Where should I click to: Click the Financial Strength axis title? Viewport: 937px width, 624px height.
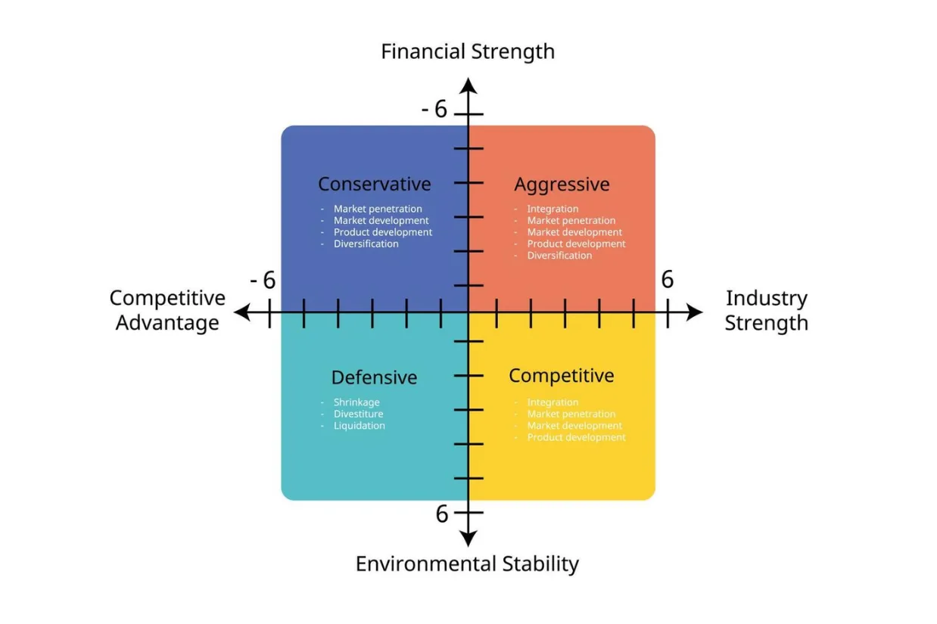pos(468,51)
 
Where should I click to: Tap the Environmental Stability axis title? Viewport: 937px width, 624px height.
pos(467,563)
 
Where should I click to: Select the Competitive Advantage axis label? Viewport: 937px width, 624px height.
pos(167,310)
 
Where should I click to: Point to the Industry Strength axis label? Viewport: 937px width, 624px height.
pos(766,310)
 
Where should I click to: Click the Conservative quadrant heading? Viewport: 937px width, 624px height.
pos(374,184)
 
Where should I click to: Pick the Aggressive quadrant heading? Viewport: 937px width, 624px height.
pos(562,184)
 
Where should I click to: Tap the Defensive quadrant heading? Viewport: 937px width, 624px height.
pos(374,377)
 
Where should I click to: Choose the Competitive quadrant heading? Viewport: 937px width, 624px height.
pos(561,375)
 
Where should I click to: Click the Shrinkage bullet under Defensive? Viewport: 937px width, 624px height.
pos(356,402)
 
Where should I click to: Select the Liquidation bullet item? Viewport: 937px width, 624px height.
pos(359,426)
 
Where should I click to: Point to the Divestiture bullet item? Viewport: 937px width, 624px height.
pos(358,414)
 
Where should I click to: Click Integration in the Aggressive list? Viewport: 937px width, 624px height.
pos(553,209)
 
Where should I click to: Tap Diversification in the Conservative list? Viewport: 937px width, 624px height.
pos(366,244)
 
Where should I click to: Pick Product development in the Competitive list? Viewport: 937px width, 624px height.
pos(576,437)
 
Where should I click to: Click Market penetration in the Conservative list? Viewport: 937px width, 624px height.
pos(378,209)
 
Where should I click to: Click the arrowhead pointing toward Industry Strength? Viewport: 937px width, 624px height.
pos(693,312)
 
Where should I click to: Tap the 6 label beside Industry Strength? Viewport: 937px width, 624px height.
pos(667,280)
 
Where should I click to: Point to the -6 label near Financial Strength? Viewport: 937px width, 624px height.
pos(434,110)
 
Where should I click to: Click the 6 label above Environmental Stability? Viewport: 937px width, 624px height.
pos(442,514)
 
